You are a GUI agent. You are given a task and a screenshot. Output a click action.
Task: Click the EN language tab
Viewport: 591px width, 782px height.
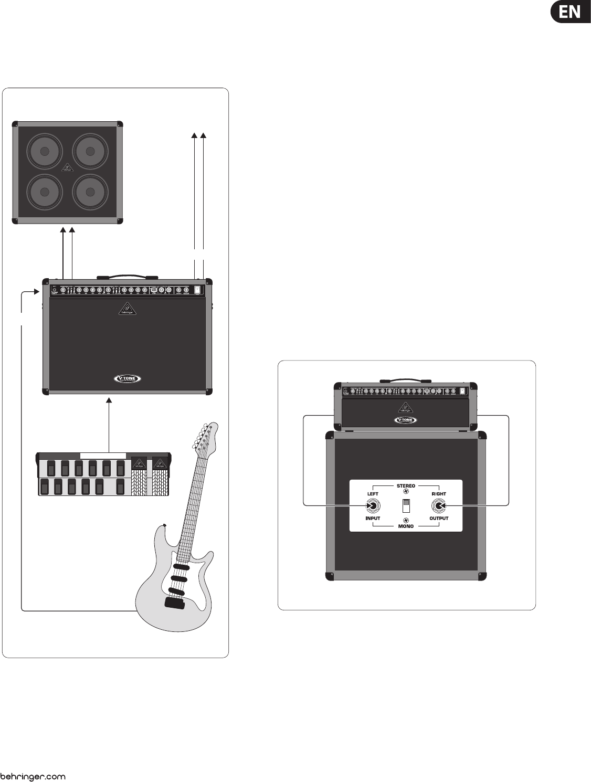click(x=569, y=12)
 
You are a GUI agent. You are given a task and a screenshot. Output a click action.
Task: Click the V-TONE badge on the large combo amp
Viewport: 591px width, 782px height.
click(x=128, y=378)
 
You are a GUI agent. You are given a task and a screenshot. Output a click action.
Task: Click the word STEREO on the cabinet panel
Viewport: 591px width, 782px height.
click(x=406, y=486)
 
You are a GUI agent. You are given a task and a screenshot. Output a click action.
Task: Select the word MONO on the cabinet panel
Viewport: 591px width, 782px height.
click(x=406, y=526)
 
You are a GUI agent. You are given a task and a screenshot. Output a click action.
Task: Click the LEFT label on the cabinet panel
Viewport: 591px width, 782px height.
click(x=373, y=494)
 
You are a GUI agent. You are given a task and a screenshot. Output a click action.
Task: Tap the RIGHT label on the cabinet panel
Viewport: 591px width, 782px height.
click(x=439, y=494)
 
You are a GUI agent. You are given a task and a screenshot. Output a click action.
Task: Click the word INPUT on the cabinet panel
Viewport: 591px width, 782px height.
click(x=373, y=518)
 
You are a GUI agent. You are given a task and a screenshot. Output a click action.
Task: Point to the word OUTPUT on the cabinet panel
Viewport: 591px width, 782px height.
click(x=439, y=518)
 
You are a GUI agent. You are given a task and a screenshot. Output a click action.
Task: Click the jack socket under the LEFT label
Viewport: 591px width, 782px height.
click(x=373, y=506)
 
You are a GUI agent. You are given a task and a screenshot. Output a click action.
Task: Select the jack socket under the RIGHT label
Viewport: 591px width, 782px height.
click(x=438, y=506)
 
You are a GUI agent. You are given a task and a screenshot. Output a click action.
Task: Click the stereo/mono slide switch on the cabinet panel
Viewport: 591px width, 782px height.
click(x=406, y=506)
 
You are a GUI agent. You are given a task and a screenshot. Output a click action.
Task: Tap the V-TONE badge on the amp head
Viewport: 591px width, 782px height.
click(x=406, y=419)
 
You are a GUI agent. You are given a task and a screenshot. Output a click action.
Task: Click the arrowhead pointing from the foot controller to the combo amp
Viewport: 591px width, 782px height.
click(x=109, y=401)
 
